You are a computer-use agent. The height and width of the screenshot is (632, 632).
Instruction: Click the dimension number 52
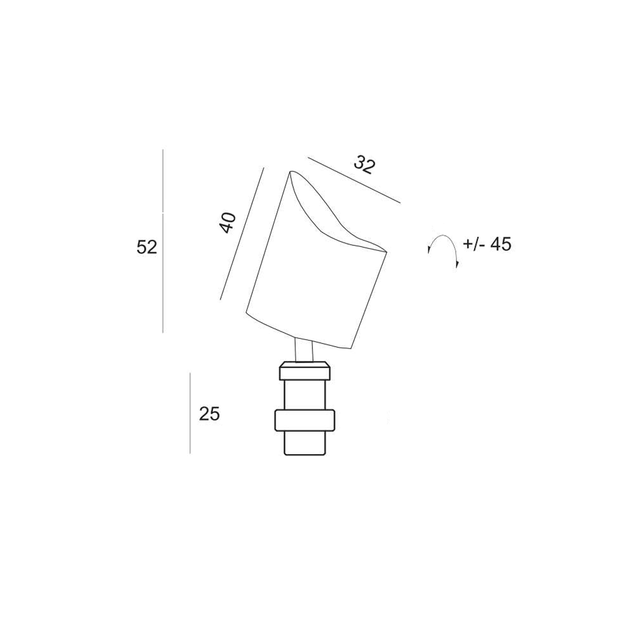pyautogui.click(x=147, y=247)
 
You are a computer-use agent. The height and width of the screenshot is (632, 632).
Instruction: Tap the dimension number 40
pyautogui.click(x=228, y=222)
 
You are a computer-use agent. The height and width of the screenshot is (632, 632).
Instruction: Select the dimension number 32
pyautogui.click(x=364, y=164)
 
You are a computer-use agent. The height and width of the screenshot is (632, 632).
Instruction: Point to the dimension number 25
pyautogui.click(x=209, y=414)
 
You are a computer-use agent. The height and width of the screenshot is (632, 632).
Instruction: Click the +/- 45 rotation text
pyautogui.click(x=487, y=245)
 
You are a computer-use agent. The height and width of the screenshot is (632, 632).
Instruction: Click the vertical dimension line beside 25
pyautogui.click(x=190, y=413)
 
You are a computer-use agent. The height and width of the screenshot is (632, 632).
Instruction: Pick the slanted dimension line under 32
pyautogui.click(x=354, y=180)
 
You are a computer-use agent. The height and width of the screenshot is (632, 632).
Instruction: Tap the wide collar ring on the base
pyautogui.click(x=304, y=421)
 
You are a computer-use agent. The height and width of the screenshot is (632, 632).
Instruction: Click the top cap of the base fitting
pyautogui.click(x=304, y=371)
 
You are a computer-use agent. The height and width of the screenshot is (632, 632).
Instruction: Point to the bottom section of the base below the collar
pyautogui.click(x=304, y=443)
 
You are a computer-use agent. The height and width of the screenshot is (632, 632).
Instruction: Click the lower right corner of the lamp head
pyautogui.click(x=350, y=348)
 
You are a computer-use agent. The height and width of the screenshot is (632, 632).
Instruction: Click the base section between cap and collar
pyautogui.click(x=304, y=395)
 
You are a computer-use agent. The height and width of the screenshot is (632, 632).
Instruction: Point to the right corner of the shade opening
pyautogui.click(x=385, y=252)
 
